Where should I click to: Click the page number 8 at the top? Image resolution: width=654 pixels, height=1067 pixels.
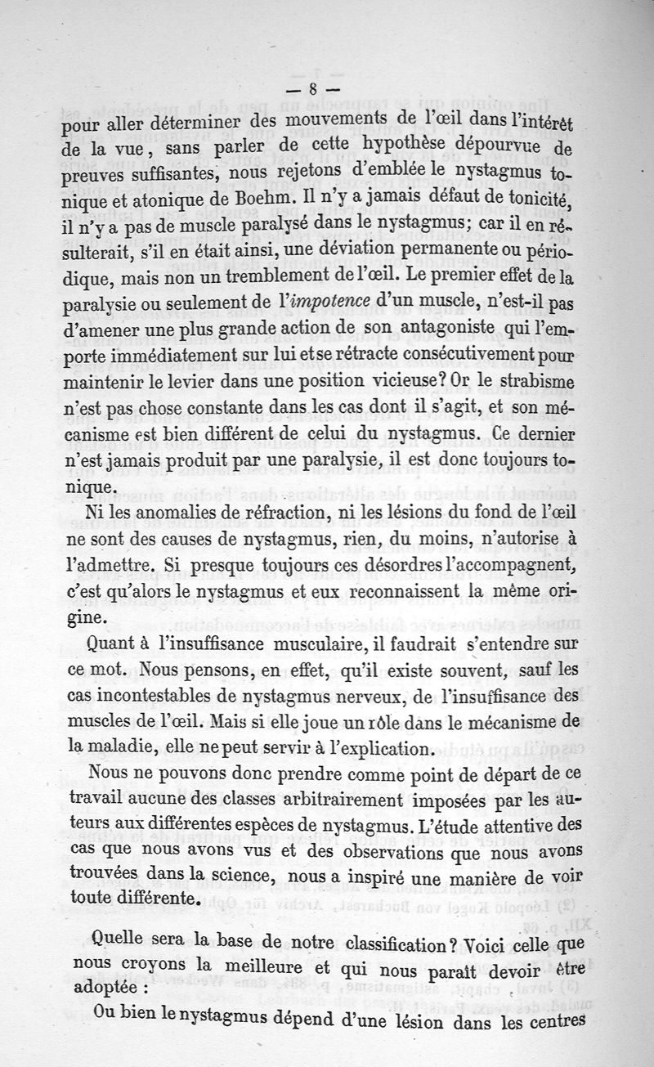click(313, 90)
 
